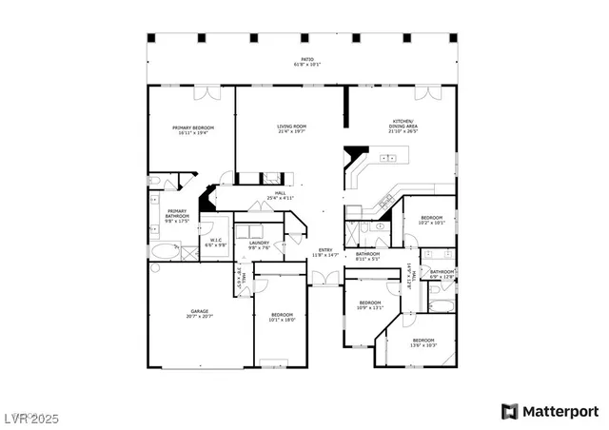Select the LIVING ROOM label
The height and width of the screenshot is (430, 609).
291,128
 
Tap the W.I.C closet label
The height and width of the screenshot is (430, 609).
216,243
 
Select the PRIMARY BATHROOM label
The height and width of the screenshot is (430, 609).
177,216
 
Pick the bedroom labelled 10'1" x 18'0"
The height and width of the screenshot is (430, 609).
283,317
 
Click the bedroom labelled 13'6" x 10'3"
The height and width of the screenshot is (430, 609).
422,342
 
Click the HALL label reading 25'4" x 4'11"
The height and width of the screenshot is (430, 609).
281,195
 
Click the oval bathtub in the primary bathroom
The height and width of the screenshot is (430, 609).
167,252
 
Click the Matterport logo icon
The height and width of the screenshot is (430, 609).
509,411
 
